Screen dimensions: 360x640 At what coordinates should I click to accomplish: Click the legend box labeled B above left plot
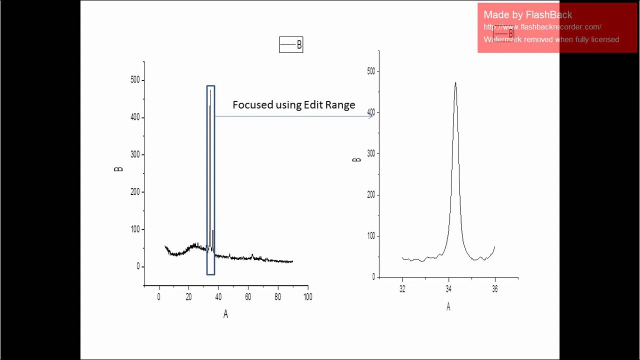coord(291,45)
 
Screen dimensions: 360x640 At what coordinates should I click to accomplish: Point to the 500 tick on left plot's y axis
coord(135,80)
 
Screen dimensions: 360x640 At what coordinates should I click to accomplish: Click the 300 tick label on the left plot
coord(135,154)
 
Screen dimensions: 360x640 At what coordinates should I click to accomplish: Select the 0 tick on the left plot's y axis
coord(138,266)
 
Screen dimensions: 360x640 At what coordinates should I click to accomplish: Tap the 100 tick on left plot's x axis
coord(307,296)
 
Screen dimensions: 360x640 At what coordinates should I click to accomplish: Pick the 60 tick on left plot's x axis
coord(248,296)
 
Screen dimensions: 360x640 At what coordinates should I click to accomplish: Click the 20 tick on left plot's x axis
coord(188,296)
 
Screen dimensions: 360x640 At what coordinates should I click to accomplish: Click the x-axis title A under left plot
coord(225,314)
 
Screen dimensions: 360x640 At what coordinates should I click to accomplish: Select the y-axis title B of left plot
coord(118,169)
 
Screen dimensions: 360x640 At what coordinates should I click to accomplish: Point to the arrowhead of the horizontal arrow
coord(371,116)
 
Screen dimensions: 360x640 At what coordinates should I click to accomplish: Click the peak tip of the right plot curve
coord(455,83)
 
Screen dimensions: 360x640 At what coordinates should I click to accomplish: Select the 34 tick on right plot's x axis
coord(448,289)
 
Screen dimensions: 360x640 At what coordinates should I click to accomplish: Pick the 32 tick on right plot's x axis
coord(402,289)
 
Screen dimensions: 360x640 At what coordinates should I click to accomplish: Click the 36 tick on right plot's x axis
coord(494,289)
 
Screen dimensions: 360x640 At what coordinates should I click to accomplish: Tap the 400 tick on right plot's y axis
coord(370,112)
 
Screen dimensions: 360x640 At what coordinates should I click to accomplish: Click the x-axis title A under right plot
coord(448,307)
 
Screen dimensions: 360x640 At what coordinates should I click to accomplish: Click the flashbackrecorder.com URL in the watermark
coord(542,27)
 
